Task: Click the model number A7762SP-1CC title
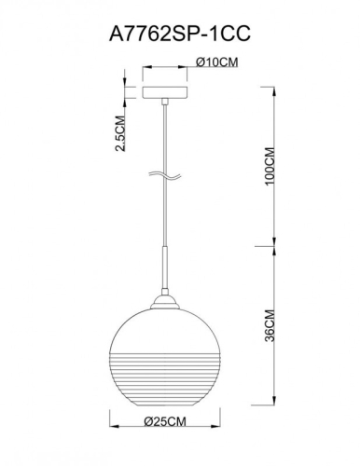(180, 32)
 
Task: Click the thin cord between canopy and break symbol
(164, 140)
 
